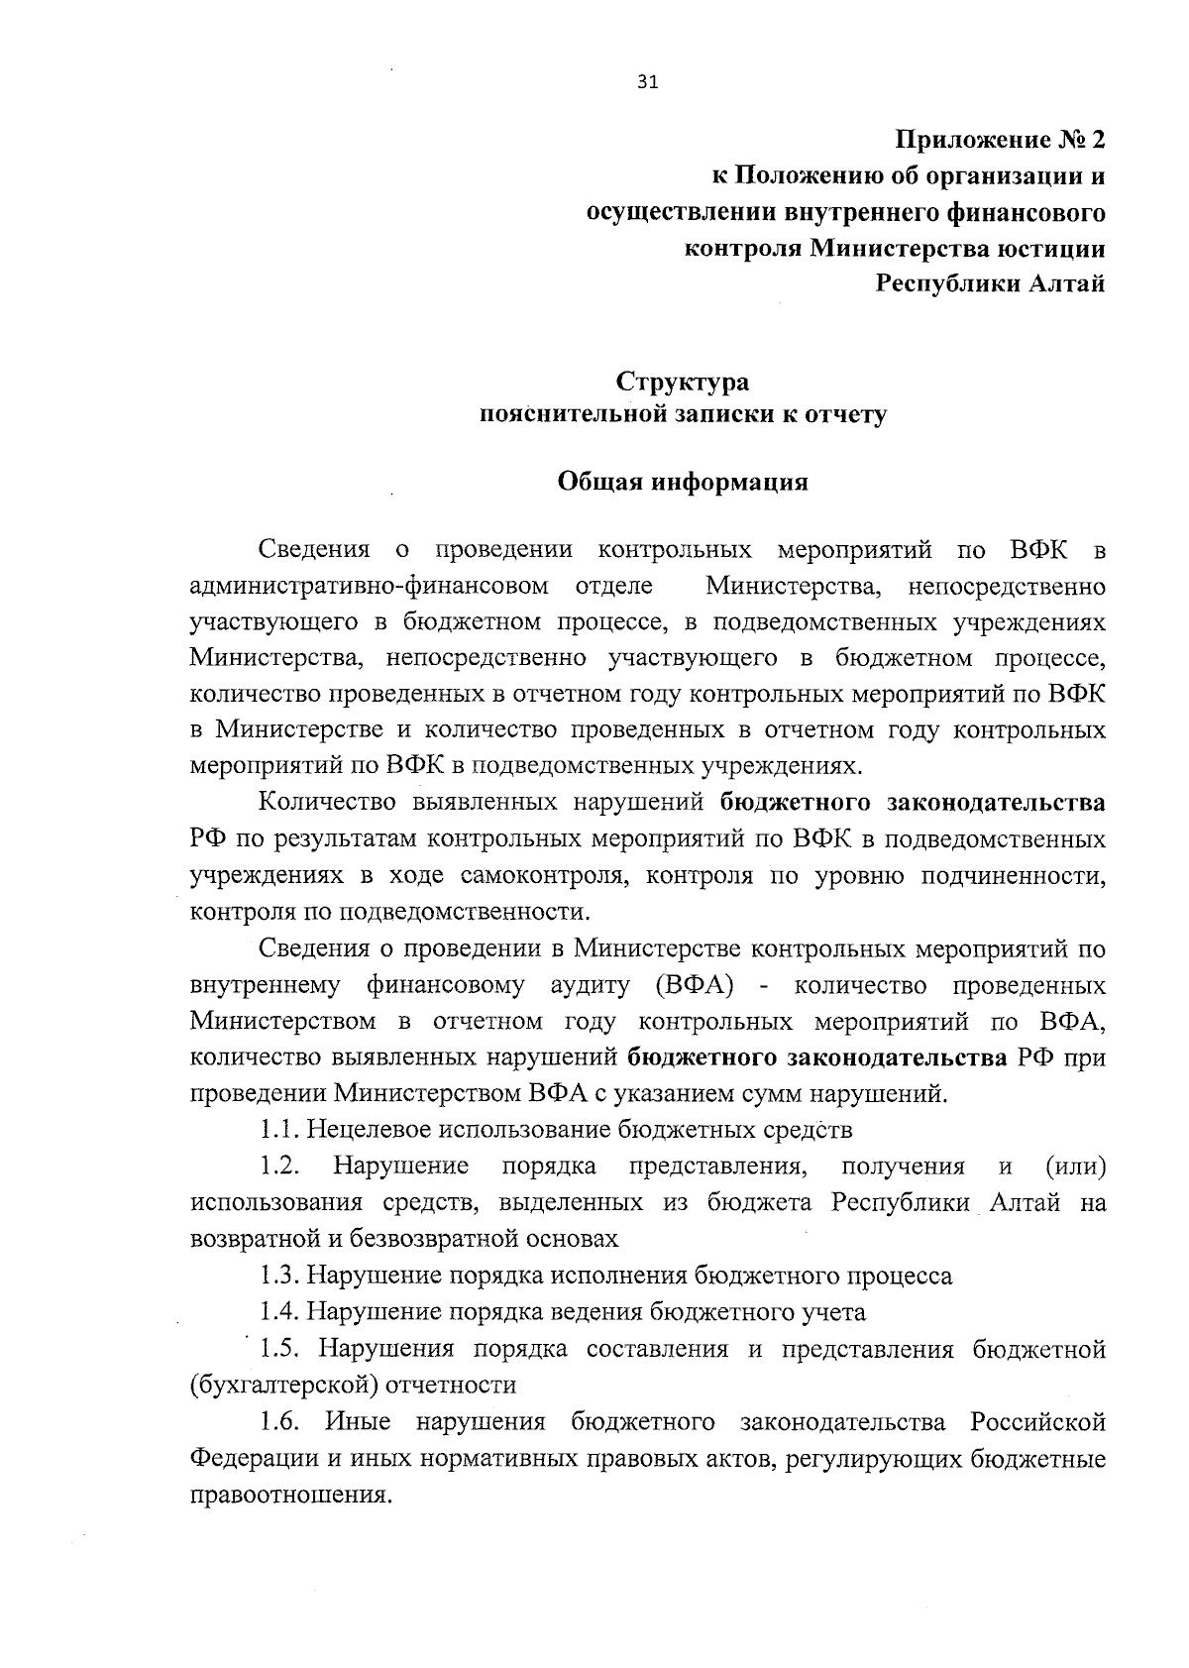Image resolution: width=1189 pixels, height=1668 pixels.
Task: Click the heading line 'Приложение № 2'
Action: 1000,140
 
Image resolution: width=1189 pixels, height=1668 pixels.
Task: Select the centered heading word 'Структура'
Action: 683,382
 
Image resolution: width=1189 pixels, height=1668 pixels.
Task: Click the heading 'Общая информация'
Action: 683,483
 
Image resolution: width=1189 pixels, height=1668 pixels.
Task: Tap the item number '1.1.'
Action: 279,1130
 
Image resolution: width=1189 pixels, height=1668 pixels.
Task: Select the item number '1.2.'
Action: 279,1166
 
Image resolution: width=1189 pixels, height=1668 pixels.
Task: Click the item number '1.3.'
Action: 279,1276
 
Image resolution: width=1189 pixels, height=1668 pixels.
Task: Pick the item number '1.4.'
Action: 279,1312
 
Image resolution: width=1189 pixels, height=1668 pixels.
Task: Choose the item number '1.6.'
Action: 279,1422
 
